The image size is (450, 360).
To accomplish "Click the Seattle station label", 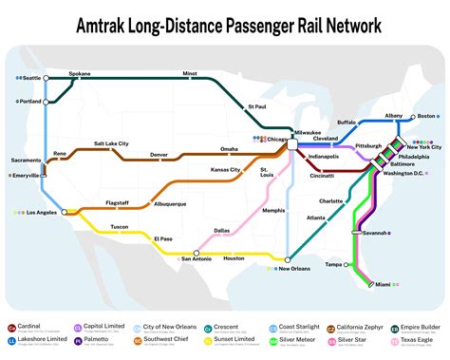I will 31,77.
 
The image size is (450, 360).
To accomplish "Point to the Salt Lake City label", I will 111,143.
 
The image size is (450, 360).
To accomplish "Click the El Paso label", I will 164,237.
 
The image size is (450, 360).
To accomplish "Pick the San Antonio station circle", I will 196,254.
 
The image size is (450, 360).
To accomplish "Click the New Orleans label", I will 295,269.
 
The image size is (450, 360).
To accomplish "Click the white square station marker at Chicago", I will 293,142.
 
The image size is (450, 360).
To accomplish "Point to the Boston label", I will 426,116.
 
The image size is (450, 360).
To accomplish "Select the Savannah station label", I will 375,233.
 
